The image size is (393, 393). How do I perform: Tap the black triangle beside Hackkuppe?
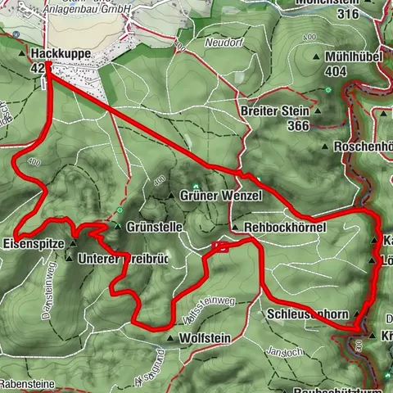point(21,53)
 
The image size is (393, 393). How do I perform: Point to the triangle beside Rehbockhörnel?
point(235,228)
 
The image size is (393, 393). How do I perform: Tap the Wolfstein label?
point(201,337)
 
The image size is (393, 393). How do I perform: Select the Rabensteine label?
point(26,381)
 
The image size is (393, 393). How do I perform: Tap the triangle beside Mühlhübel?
point(317,58)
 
